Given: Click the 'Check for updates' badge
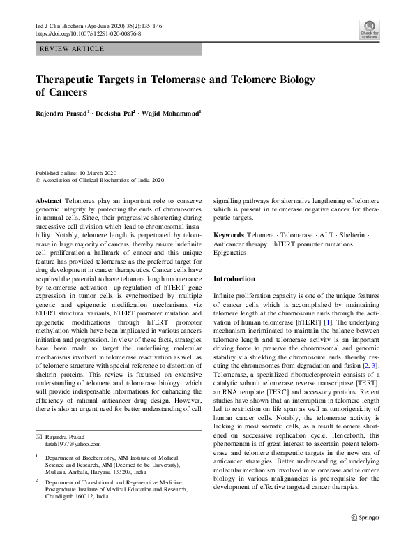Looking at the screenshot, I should coord(368,31).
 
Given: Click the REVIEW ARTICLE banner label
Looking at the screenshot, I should coord(73,49).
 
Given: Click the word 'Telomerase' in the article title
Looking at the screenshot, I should coord(177,79).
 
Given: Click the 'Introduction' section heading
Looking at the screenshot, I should coord(234,278).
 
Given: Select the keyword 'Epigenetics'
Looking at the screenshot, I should coord(229,253).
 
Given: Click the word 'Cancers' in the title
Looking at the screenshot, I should coord(69,92).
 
